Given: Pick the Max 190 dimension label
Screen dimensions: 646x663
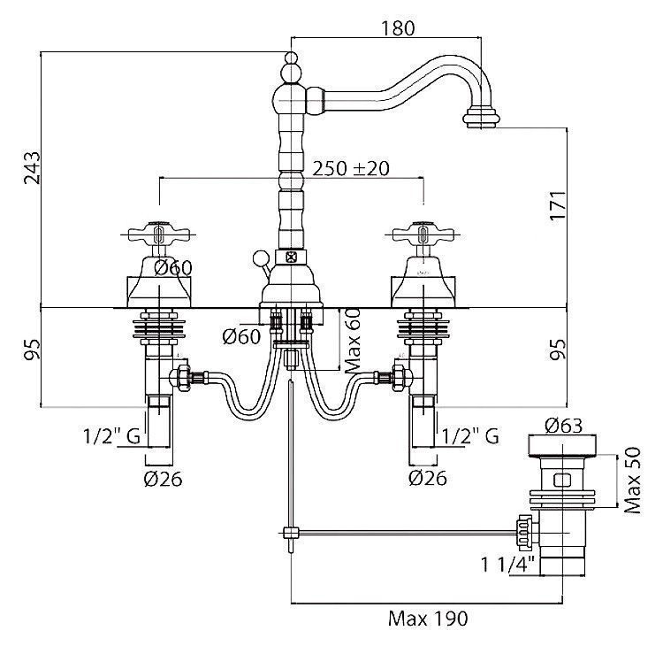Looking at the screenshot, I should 428,618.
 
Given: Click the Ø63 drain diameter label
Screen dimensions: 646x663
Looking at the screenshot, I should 564,426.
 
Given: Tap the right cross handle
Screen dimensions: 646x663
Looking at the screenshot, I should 421,236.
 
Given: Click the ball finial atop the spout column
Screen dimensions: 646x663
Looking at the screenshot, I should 290,62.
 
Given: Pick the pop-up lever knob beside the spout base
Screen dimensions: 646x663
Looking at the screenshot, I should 259,259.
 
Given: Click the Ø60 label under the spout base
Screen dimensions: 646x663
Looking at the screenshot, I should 240,335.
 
